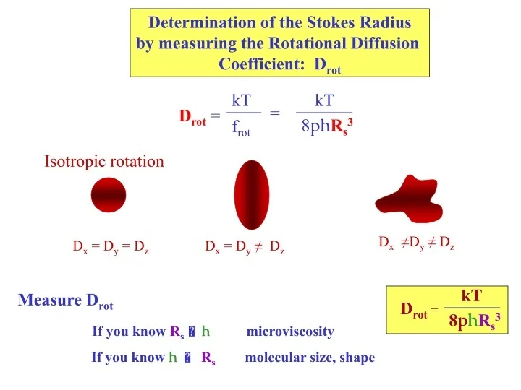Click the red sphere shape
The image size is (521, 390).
tap(109, 196)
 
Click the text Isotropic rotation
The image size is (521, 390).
tap(104, 161)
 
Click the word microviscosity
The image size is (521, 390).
tap(290, 332)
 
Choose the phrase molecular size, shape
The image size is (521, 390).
tap(310, 357)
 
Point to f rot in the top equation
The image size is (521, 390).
tap(241, 130)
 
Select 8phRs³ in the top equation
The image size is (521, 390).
tap(326, 128)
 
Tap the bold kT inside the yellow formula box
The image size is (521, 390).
tap(471, 295)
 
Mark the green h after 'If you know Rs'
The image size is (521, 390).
tap(206, 331)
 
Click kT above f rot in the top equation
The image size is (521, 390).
tap(241, 100)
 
